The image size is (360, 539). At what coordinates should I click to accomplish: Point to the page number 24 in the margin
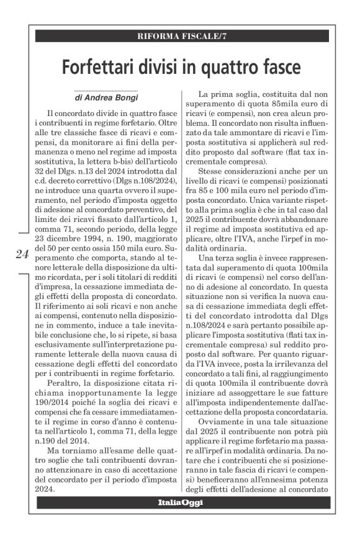click(x=22, y=253)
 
